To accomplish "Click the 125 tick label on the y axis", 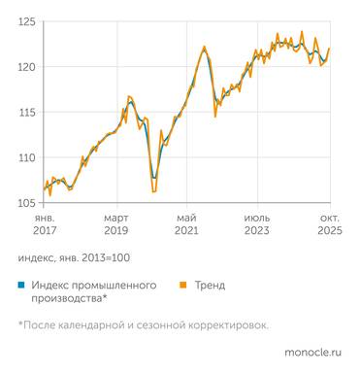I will [27, 21].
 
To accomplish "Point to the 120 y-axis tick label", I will [27, 67].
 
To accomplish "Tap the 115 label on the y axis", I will [27, 112].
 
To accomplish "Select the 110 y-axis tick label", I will [27, 157].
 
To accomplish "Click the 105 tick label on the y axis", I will [27, 202].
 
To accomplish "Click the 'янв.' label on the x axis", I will [45, 219].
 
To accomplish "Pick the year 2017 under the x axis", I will [45, 232].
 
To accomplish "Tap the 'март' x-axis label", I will [116, 219].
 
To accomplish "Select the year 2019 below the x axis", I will [116, 232].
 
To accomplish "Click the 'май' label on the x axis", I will [187, 219].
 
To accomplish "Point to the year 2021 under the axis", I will [187, 232].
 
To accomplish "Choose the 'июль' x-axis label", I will [257, 219].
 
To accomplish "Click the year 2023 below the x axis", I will [257, 232].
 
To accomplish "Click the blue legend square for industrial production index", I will [20, 285].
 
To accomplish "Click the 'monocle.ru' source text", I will [313, 356].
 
